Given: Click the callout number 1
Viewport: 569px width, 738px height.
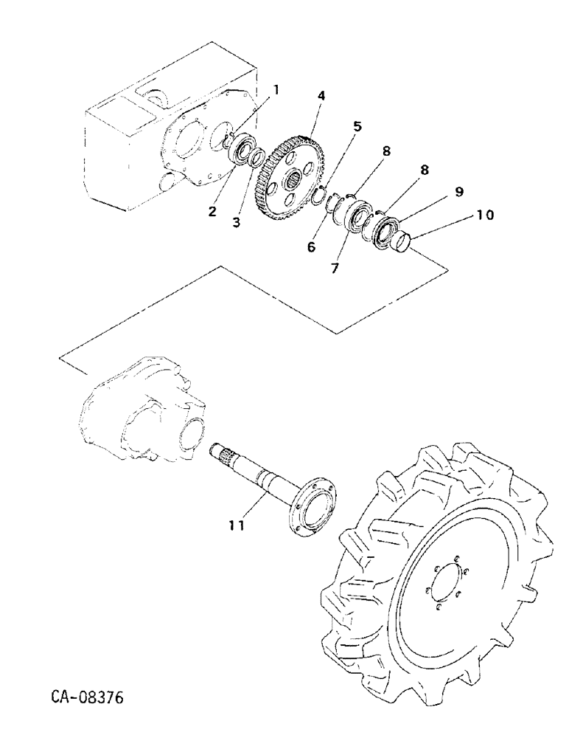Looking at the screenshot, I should pyautogui.click(x=277, y=90).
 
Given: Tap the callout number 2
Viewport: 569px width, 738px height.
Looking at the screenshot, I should pyautogui.click(x=212, y=212).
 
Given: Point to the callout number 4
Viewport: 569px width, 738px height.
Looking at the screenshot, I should pyautogui.click(x=321, y=97).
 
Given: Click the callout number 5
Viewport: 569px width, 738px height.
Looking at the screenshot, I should pyautogui.click(x=357, y=127).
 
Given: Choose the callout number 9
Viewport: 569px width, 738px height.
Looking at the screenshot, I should pyautogui.click(x=458, y=191).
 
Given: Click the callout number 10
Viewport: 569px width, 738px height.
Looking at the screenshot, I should pyautogui.click(x=485, y=215).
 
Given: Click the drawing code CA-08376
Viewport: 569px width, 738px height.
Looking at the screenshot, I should pyautogui.click(x=88, y=697).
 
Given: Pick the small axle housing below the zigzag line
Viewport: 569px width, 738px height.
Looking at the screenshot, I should pyautogui.click(x=140, y=418).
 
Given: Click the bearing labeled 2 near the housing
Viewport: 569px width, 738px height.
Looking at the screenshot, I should pyautogui.click(x=241, y=151).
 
